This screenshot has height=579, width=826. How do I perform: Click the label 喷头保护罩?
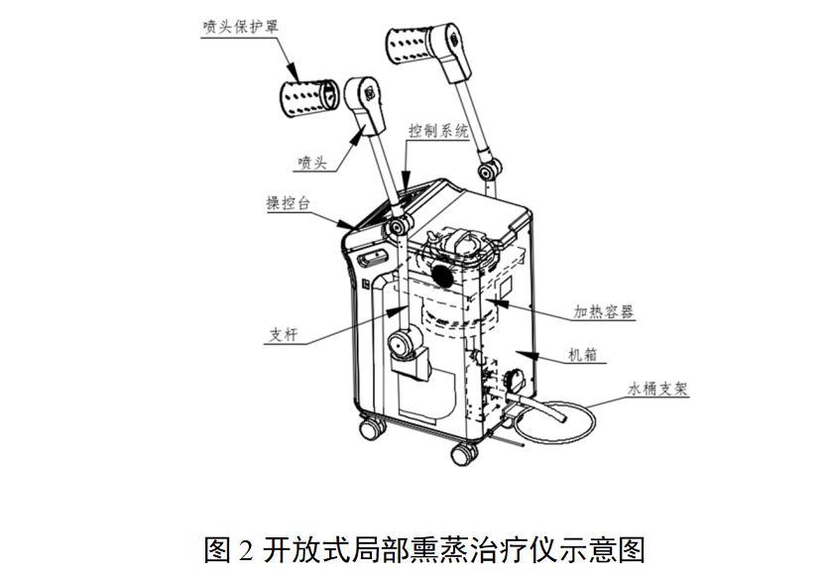[x=240, y=26]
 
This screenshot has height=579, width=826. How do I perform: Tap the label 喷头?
[x=313, y=163]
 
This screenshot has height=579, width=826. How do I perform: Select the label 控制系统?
[x=438, y=130]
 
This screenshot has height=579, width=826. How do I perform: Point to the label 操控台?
[x=289, y=203]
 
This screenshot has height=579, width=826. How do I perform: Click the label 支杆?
[x=284, y=334]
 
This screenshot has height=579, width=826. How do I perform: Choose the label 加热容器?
[x=603, y=311]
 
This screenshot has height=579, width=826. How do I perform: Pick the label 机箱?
[x=583, y=355]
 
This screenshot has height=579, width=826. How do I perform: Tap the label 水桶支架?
[x=657, y=389]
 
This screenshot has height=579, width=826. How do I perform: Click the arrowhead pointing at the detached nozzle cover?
[x=293, y=73]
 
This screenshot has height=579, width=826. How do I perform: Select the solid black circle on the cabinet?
[x=443, y=275]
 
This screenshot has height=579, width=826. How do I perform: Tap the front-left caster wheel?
[x=372, y=426]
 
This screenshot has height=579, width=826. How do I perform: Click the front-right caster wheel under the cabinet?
[x=464, y=454]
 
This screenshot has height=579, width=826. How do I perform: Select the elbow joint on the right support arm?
[x=490, y=171]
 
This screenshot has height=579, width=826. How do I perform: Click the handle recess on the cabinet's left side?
[x=373, y=258]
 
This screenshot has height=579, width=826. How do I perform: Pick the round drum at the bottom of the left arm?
[x=405, y=342]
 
